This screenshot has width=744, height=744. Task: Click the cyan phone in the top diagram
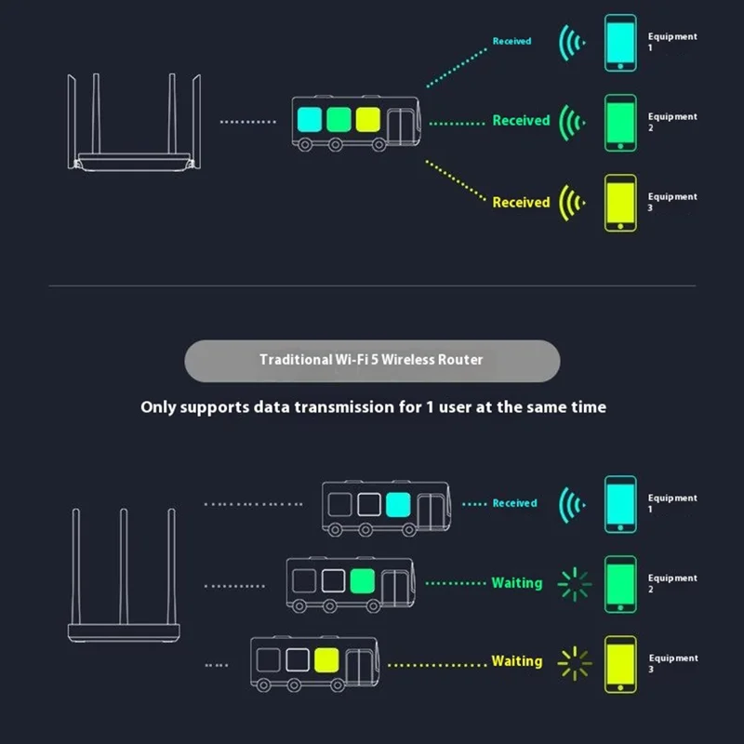620,42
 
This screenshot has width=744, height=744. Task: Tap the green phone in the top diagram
620,122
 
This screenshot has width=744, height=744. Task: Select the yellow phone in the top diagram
620,203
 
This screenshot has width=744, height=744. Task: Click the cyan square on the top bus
308,120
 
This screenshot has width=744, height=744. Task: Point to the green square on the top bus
338,120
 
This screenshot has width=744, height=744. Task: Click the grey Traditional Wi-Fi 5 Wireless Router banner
372,360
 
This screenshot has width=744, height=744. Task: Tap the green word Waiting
516,583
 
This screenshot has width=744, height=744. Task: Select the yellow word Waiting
516,661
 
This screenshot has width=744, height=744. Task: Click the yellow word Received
521,202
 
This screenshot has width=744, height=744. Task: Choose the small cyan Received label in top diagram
511,42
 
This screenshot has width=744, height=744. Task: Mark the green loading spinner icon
574,583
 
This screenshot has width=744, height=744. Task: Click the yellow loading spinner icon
574,662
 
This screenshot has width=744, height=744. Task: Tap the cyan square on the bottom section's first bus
397,504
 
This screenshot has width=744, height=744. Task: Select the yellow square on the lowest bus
325,660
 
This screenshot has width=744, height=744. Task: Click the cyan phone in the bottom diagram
620,504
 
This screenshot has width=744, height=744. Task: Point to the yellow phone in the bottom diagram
620,663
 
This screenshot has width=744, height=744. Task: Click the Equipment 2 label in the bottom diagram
671,583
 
